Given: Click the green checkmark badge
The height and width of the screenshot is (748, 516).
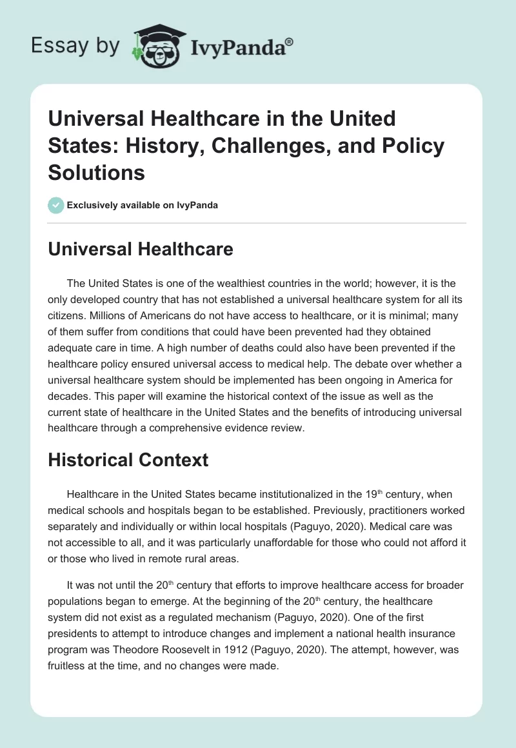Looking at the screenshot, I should (55, 205).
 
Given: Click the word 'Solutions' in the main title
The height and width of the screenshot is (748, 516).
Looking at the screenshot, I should (97, 172).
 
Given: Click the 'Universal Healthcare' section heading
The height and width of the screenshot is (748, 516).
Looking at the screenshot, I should (141, 249).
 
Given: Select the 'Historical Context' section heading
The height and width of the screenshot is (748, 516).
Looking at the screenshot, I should (128, 459).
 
